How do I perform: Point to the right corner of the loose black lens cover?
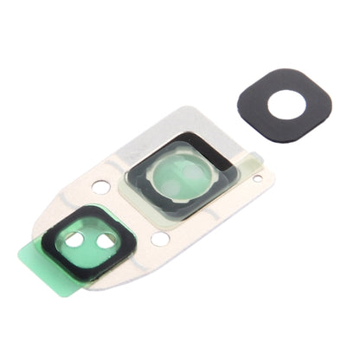(330, 104)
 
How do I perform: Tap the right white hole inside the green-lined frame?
(106, 241)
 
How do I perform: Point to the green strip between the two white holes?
(93, 239)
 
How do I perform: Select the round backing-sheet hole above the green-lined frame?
(101, 186)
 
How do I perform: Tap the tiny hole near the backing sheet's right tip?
(257, 178)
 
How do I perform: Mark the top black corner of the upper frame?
(196, 136)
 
